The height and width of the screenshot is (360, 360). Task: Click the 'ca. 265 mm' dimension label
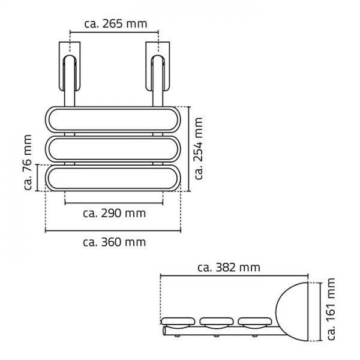coord(115,24)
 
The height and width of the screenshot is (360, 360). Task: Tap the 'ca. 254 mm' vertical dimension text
coord(199,149)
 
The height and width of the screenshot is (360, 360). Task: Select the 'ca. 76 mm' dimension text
coord(28,163)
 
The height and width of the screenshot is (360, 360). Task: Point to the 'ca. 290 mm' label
coord(115,213)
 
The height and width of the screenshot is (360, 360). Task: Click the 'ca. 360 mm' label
coord(115,242)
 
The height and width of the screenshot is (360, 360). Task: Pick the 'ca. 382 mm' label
coord(229,268)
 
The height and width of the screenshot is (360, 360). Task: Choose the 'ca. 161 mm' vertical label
coord(331,309)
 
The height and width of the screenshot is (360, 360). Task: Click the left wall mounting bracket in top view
coord(70,66)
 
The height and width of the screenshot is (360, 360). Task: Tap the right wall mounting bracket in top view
coord(158,66)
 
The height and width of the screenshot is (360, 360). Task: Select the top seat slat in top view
coord(113,119)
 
